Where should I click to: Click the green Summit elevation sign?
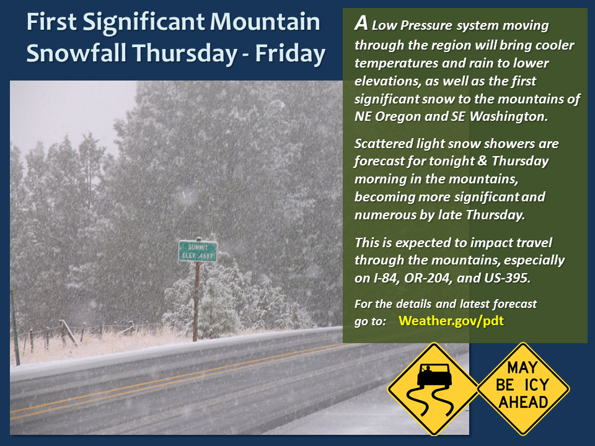[x=198, y=251]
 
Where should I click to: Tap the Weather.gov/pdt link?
[x=451, y=321]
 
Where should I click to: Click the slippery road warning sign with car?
[x=433, y=389]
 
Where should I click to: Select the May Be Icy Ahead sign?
[x=523, y=389]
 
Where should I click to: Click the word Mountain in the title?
[x=265, y=22]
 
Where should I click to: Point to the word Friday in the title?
[x=290, y=53]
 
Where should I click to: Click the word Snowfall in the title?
[x=76, y=53]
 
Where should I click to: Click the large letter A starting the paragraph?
[x=361, y=23]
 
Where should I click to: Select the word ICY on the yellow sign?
[x=536, y=385]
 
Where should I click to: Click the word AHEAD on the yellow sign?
[x=523, y=402]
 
